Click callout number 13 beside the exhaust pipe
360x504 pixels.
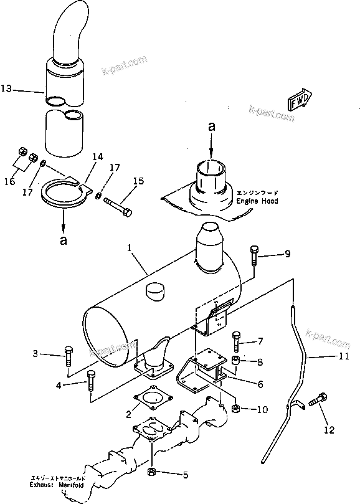pos(6,90)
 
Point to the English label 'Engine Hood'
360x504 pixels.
pos(257,202)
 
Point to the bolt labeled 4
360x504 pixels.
pos(92,380)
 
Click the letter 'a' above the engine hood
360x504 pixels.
pos(212,126)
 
